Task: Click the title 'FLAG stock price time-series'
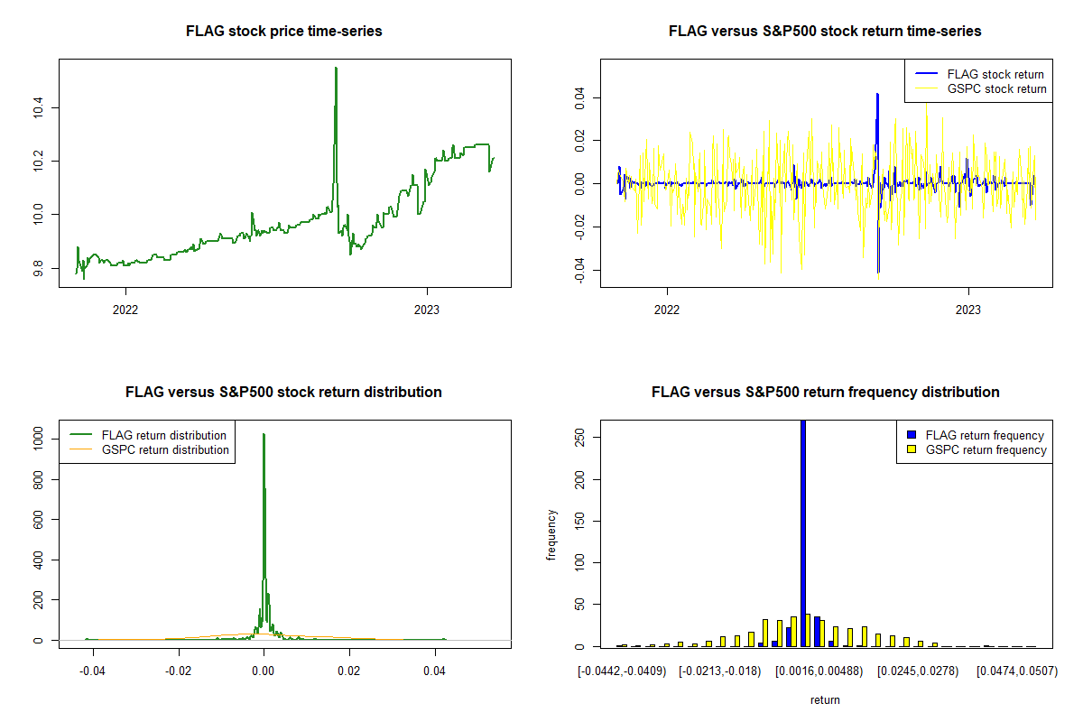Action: pyautogui.click(x=283, y=32)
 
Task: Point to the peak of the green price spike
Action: pyautogui.click(x=336, y=69)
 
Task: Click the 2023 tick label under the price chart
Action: pyautogui.click(x=427, y=308)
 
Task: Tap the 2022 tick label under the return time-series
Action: pyautogui.click(x=667, y=308)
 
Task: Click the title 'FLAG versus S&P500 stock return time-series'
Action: pyautogui.click(x=825, y=32)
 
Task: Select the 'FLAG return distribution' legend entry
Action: pyautogui.click(x=163, y=435)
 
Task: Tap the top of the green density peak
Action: pyautogui.click(x=264, y=435)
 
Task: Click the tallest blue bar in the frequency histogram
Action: pyautogui.click(x=803, y=532)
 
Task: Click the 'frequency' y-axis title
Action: pyautogui.click(x=552, y=535)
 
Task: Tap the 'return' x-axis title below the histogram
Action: pyautogui.click(x=825, y=699)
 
